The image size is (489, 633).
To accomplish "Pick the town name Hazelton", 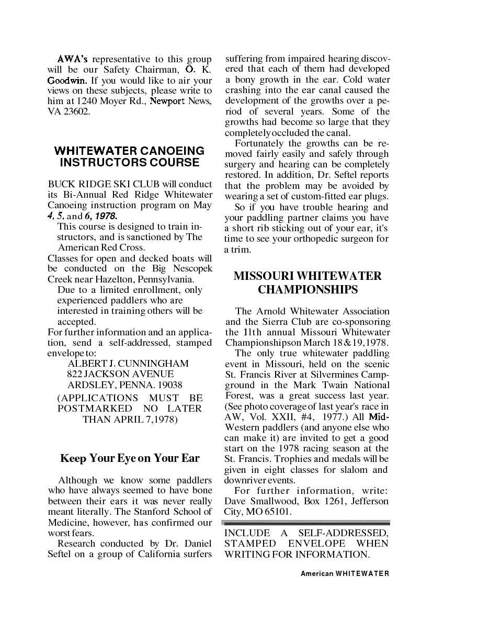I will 116,279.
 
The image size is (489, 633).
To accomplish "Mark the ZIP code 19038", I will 167,385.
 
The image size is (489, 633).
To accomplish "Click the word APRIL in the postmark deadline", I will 134,420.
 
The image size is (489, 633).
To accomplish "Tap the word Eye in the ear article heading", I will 127,459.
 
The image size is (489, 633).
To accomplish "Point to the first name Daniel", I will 198,544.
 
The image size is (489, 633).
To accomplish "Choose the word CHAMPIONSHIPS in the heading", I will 308,290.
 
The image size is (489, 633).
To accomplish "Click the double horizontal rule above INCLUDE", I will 306,523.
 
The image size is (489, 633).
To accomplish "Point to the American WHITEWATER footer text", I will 345,574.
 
